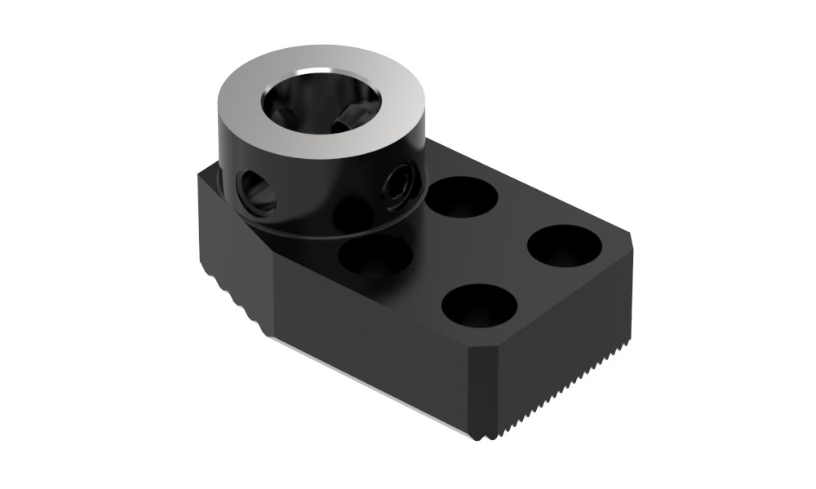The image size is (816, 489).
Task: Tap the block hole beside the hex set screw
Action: [x=463, y=198]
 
